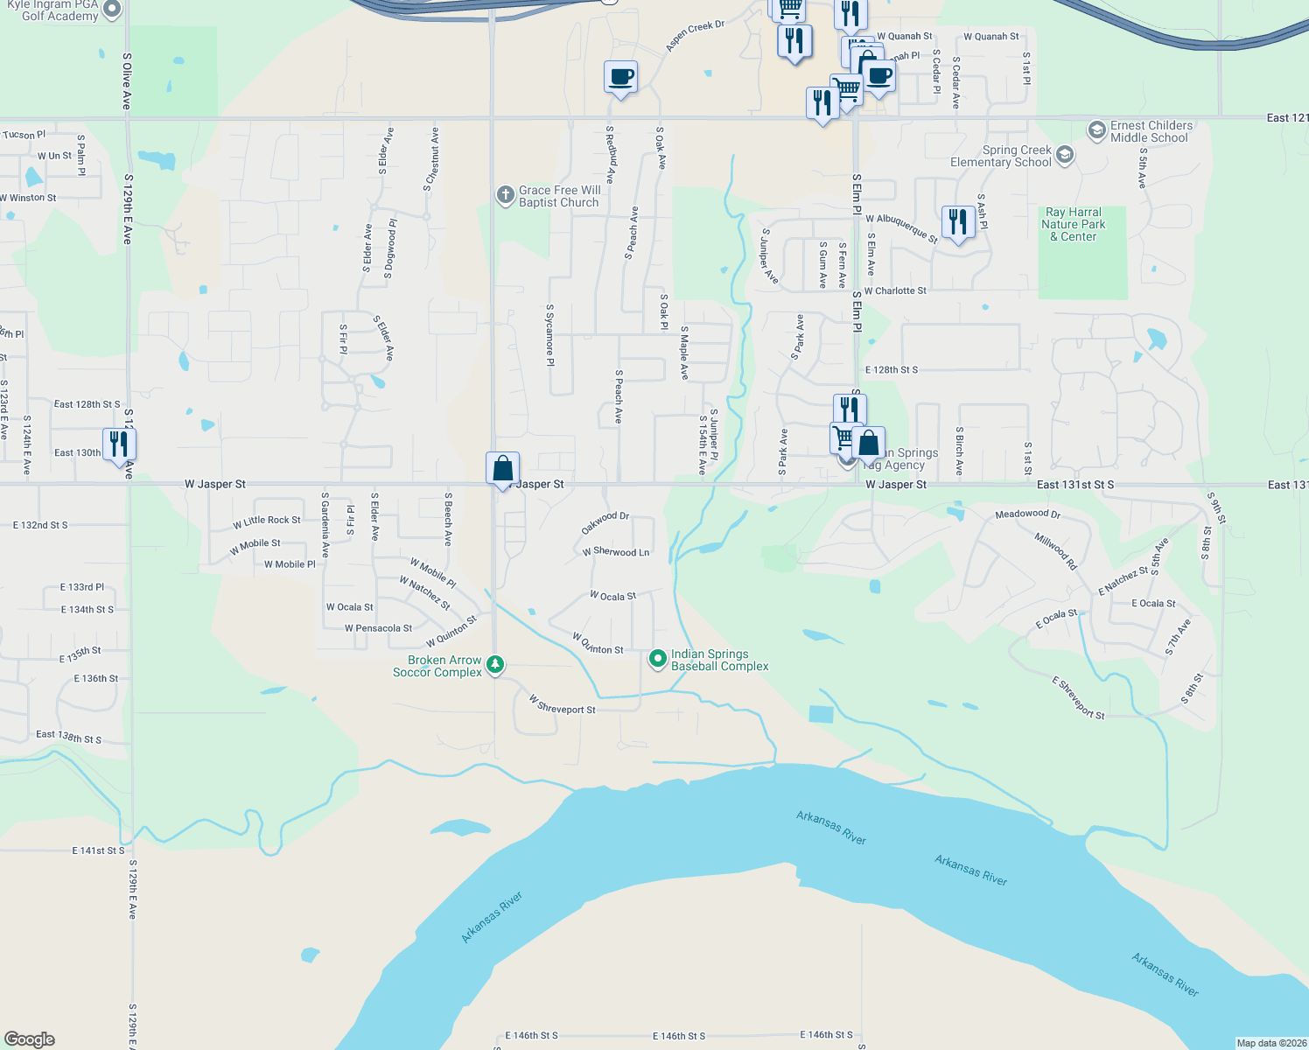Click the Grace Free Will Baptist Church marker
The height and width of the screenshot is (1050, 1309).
(x=505, y=195)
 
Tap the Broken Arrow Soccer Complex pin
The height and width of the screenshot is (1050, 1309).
(x=495, y=665)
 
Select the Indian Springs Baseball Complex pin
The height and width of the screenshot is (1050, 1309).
(x=658, y=659)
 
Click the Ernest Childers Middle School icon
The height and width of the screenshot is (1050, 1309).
(x=1096, y=130)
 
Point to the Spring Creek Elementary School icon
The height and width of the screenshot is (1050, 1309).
(x=1064, y=156)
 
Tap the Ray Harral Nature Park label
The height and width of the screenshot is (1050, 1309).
(x=1073, y=224)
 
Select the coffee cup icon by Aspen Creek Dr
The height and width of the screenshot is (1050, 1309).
(x=620, y=77)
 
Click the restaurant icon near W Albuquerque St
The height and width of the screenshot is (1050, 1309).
(x=958, y=221)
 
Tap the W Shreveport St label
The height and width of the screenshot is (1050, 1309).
(x=562, y=704)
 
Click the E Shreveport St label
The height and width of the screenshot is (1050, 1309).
(x=1078, y=698)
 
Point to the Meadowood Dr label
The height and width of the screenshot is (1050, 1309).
(x=1027, y=514)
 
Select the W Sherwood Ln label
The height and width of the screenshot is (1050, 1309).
(x=616, y=552)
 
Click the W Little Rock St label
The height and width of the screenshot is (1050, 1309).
(x=266, y=521)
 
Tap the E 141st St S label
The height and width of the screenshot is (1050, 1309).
(x=98, y=850)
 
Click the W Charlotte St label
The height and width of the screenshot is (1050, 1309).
(x=894, y=291)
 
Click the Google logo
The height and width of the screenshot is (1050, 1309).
(x=30, y=1039)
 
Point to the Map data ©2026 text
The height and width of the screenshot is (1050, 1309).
(x=1270, y=1043)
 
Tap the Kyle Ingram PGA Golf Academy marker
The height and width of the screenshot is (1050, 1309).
(x=112, y=10)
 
